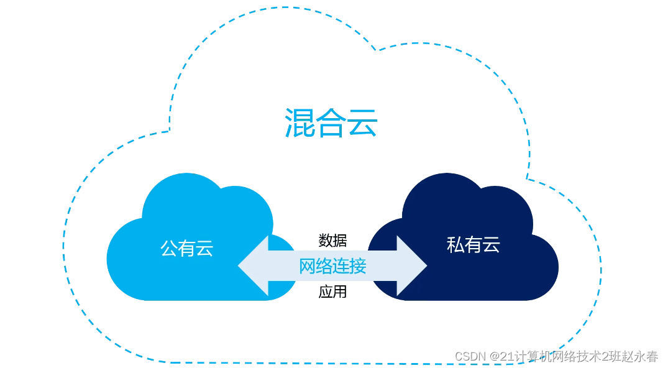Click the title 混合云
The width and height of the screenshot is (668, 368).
tap(331, 122)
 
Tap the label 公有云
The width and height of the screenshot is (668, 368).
tap(186, 249)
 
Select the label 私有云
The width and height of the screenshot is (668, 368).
tap(473, 244)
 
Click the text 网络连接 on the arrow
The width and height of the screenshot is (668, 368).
tap(332, 266)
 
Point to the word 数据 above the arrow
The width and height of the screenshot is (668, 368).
tap(332, 240)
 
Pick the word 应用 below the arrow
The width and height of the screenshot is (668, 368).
tap(332, 292)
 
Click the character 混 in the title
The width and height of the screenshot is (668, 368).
tap(300, 122)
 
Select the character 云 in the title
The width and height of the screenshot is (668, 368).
tap(363, 122)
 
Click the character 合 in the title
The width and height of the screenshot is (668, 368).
tap(331, 122)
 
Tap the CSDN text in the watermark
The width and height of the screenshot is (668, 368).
tap(470, 357)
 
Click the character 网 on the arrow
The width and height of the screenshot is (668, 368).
tap(307, 266)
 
